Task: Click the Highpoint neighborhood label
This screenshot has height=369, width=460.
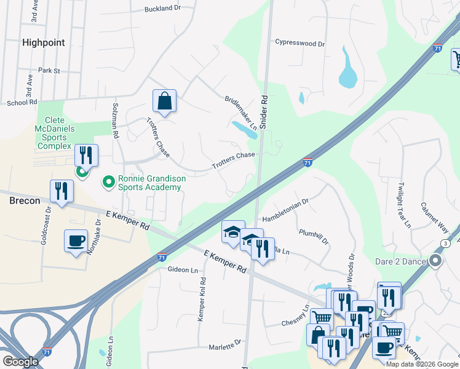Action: (x=43, y=42)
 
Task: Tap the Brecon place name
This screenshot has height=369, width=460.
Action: (x=25, y=200)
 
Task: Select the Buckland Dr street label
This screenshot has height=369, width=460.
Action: (x=162, y=9)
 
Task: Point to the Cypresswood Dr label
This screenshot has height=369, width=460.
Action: (x=299, y=44)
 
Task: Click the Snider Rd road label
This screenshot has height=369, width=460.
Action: (x=265, y=110)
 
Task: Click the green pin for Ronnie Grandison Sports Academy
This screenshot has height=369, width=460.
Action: (x=109, y=181)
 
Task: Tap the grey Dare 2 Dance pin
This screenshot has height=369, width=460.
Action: (x=436, y=261)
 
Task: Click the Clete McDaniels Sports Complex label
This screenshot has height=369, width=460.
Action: (x=61, y=133)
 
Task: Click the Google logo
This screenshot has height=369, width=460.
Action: (x=21, y=361)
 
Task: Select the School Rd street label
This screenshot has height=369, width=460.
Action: (x=22, y=102)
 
